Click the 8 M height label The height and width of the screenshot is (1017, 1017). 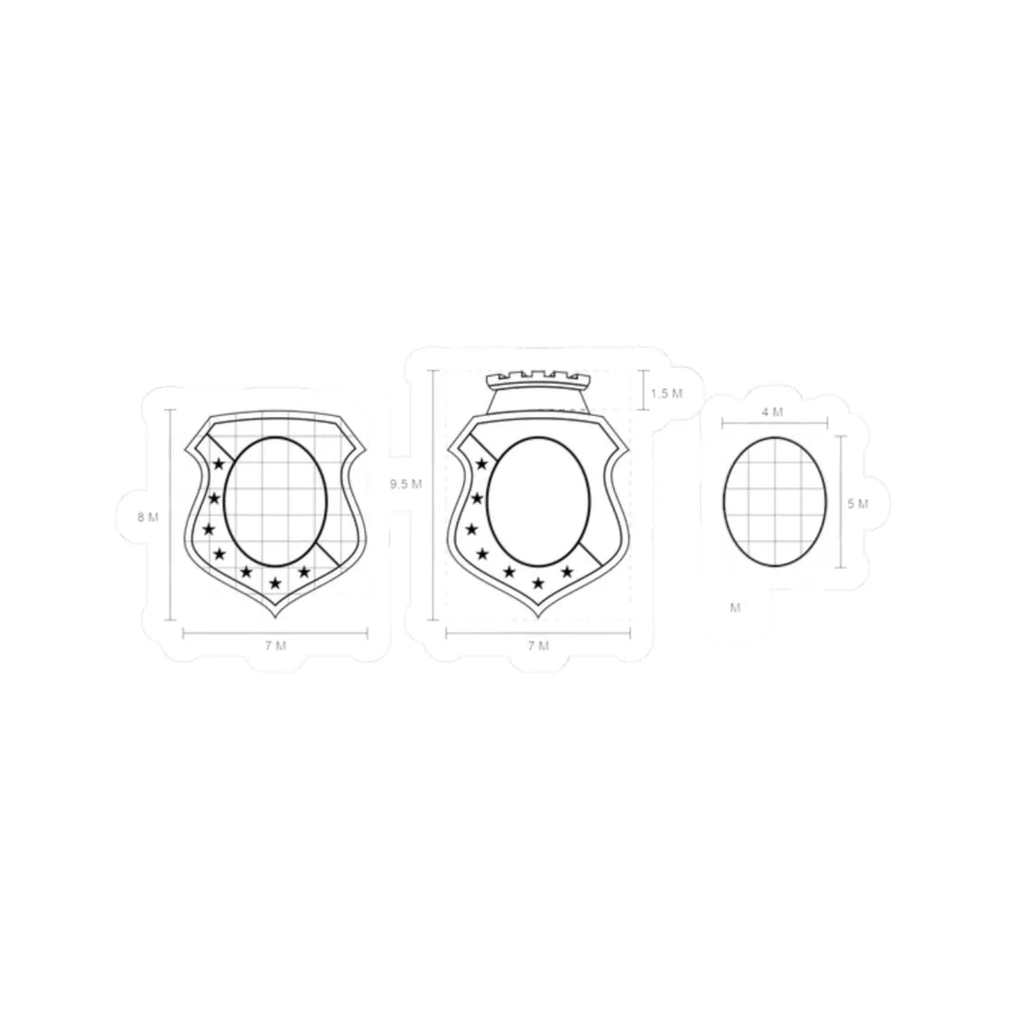[147, 518]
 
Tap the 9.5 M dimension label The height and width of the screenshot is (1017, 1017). [406, 484]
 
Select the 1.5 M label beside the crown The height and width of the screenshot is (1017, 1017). [666, 394]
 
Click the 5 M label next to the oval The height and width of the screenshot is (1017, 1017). [857, 504]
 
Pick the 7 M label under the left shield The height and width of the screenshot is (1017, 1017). [275, 646]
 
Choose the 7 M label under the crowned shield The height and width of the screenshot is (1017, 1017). [537, 646]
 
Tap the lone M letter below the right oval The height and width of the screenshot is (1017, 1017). [735, 607]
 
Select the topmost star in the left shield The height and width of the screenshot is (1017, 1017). [219, 464]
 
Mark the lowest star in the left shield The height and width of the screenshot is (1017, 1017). [275, 583]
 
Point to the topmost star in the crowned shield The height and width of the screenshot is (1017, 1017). [481, 464]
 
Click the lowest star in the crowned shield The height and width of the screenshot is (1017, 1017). [538, 583]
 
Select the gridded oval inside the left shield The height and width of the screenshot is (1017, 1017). [276, 500]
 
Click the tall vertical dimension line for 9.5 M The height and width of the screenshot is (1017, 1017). [432, 495]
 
